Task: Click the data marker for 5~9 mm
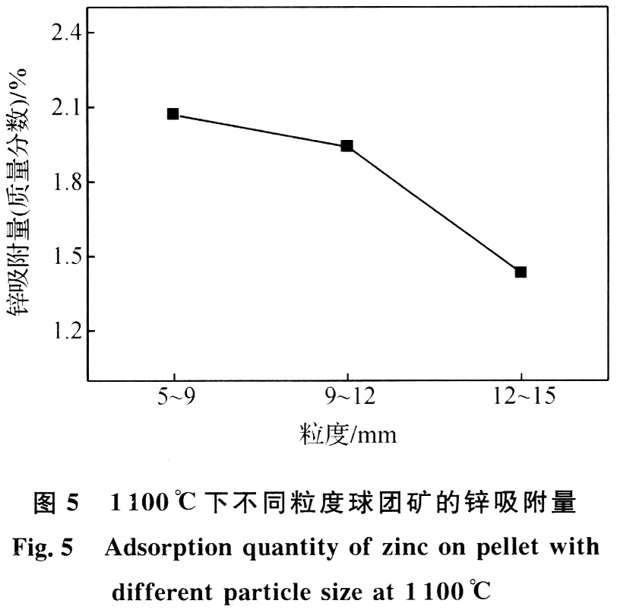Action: (x=173, y=114)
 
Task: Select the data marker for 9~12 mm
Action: (x=346, y=145)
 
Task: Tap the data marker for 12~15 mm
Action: (x=520, y=272)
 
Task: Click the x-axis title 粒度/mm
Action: (x=346, y=435)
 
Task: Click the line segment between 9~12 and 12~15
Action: (x=434, y=208)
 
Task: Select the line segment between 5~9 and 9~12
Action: (x=260, y=130)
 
